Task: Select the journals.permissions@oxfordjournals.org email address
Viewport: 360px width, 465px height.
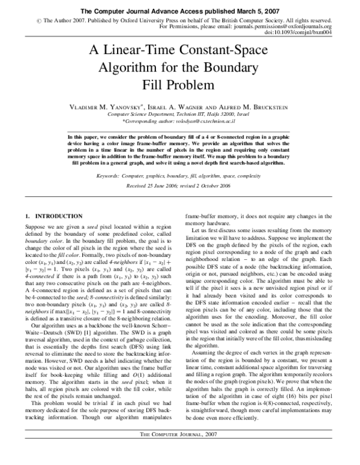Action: click(x=280, y=27)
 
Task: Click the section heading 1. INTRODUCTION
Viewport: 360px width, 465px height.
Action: click(x=54, y=215)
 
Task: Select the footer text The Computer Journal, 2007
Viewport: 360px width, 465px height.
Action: click(x=179, y=450)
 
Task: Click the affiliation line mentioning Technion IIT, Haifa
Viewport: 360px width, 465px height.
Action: click(x=179, y=113)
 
